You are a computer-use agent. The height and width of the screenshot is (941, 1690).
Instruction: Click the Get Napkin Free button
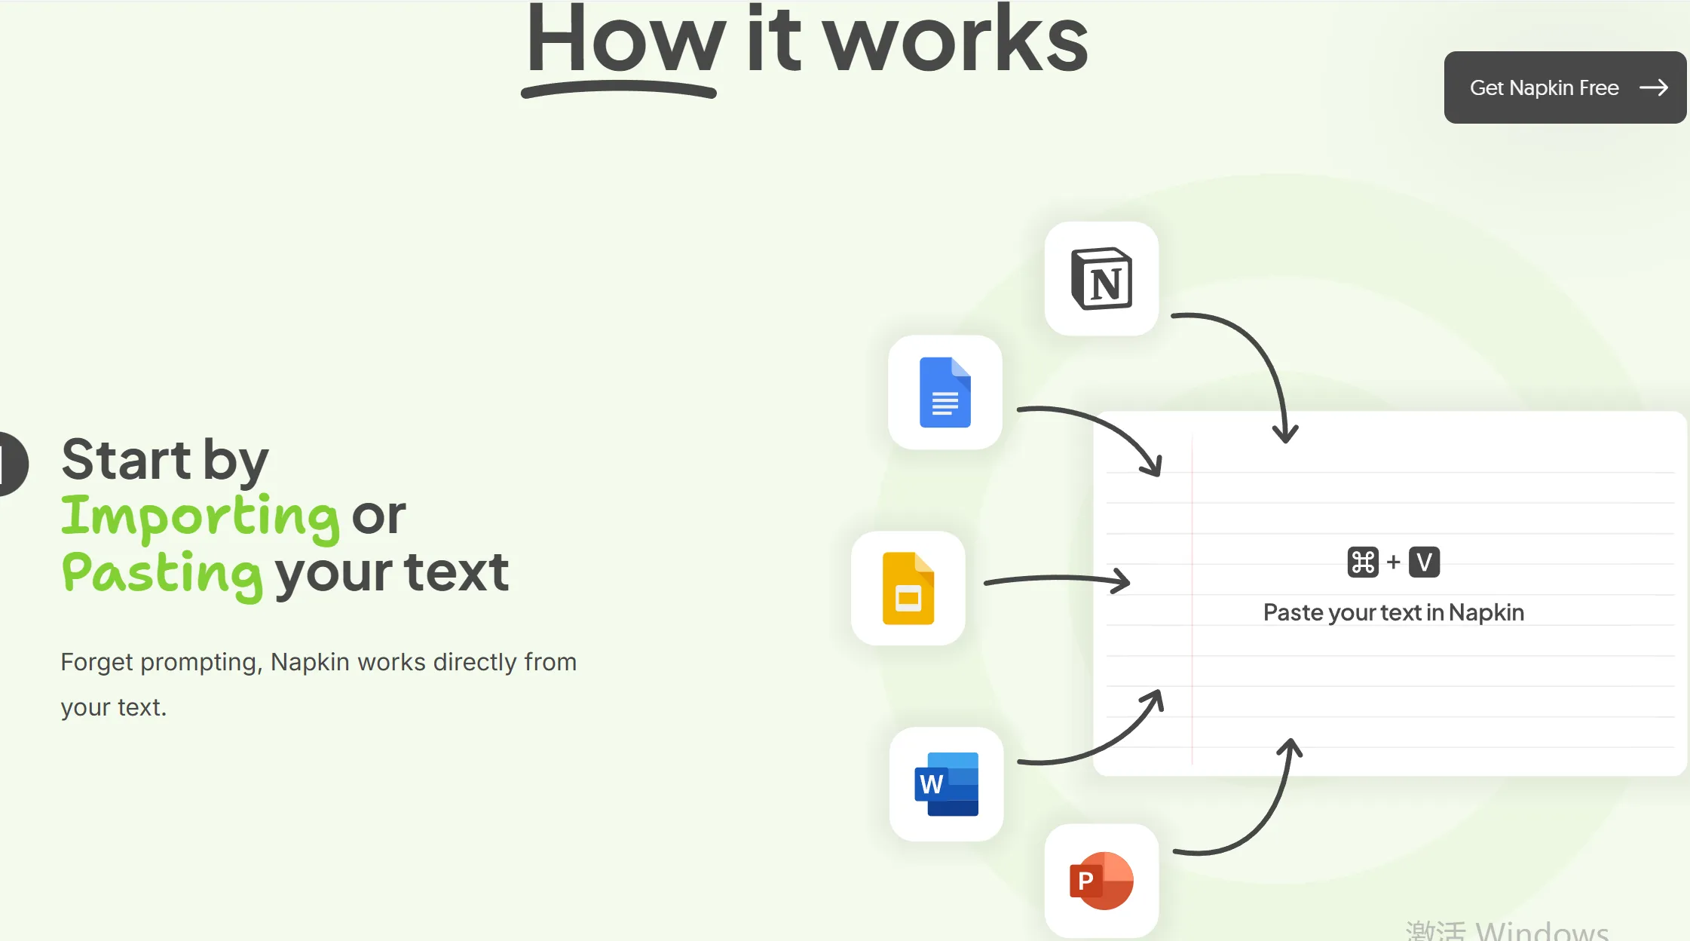tap(1565, 87)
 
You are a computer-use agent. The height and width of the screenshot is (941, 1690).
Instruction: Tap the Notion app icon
tap(1101, 278)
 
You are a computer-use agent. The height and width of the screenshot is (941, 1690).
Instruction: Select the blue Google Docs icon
tap(945, 392)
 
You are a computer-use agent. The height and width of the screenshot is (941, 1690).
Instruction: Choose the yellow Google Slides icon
tap(908, 588)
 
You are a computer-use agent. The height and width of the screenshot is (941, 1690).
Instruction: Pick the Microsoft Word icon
tap(947, 784)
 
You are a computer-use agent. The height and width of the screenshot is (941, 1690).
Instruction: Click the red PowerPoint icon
tap(1101, 881)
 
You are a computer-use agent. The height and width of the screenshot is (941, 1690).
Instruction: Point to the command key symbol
tap(1363, 562)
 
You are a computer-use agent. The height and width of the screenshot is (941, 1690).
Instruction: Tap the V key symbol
tap(1424, 562)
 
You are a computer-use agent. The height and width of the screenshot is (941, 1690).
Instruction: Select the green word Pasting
tap(162, 575)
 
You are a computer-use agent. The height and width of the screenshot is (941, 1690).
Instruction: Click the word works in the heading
tap(956, 41)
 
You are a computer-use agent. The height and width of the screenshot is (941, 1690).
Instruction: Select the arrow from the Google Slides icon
tap(1057, 579)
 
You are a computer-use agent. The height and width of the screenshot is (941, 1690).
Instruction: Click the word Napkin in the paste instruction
tap(1486, 613)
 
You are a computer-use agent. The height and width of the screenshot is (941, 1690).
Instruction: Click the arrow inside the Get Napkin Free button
tap(1654, 87)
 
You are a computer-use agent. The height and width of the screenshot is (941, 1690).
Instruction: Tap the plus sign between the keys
tap(1394, 562)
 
